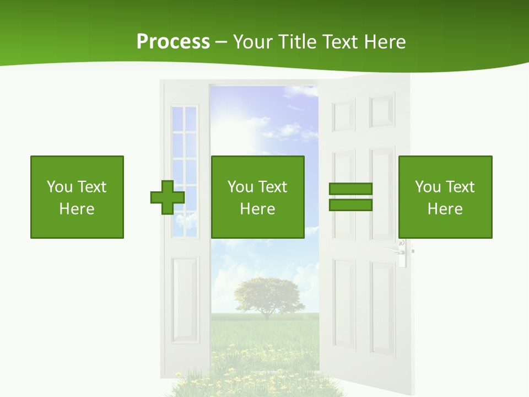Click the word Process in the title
pyautogui.click(x=173, y=42)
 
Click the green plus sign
pyautogui.click(x=168, y=197)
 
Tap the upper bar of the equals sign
pyautogui.click(x=350, y=189)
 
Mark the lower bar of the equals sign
pyautogui.click(x=350, y=205)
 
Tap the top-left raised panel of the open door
pyautogui.click(x=344, y=115)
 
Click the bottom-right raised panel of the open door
pyautogui.click(x=382, y=309)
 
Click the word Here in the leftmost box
pyautogui.click(x=77, y=209)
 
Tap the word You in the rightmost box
pyautogui.click(x=428, y=187)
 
